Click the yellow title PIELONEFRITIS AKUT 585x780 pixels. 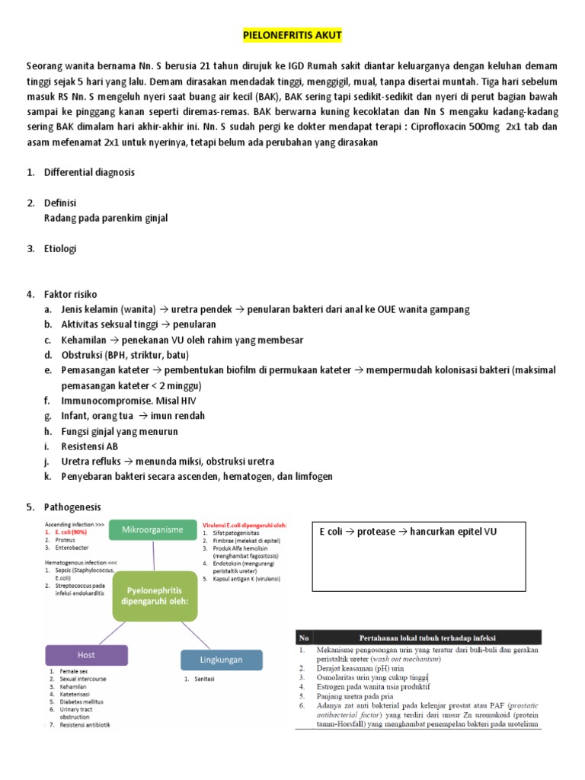coord(292,35)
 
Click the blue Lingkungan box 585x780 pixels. coord(222,660)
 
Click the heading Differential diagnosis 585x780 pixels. coord(90,172)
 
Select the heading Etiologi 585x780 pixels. coord(61,248)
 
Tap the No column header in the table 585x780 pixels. coord(305,636)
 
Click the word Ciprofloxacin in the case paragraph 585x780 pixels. coord(417,128)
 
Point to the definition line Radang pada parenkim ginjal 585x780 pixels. coord(107,218)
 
